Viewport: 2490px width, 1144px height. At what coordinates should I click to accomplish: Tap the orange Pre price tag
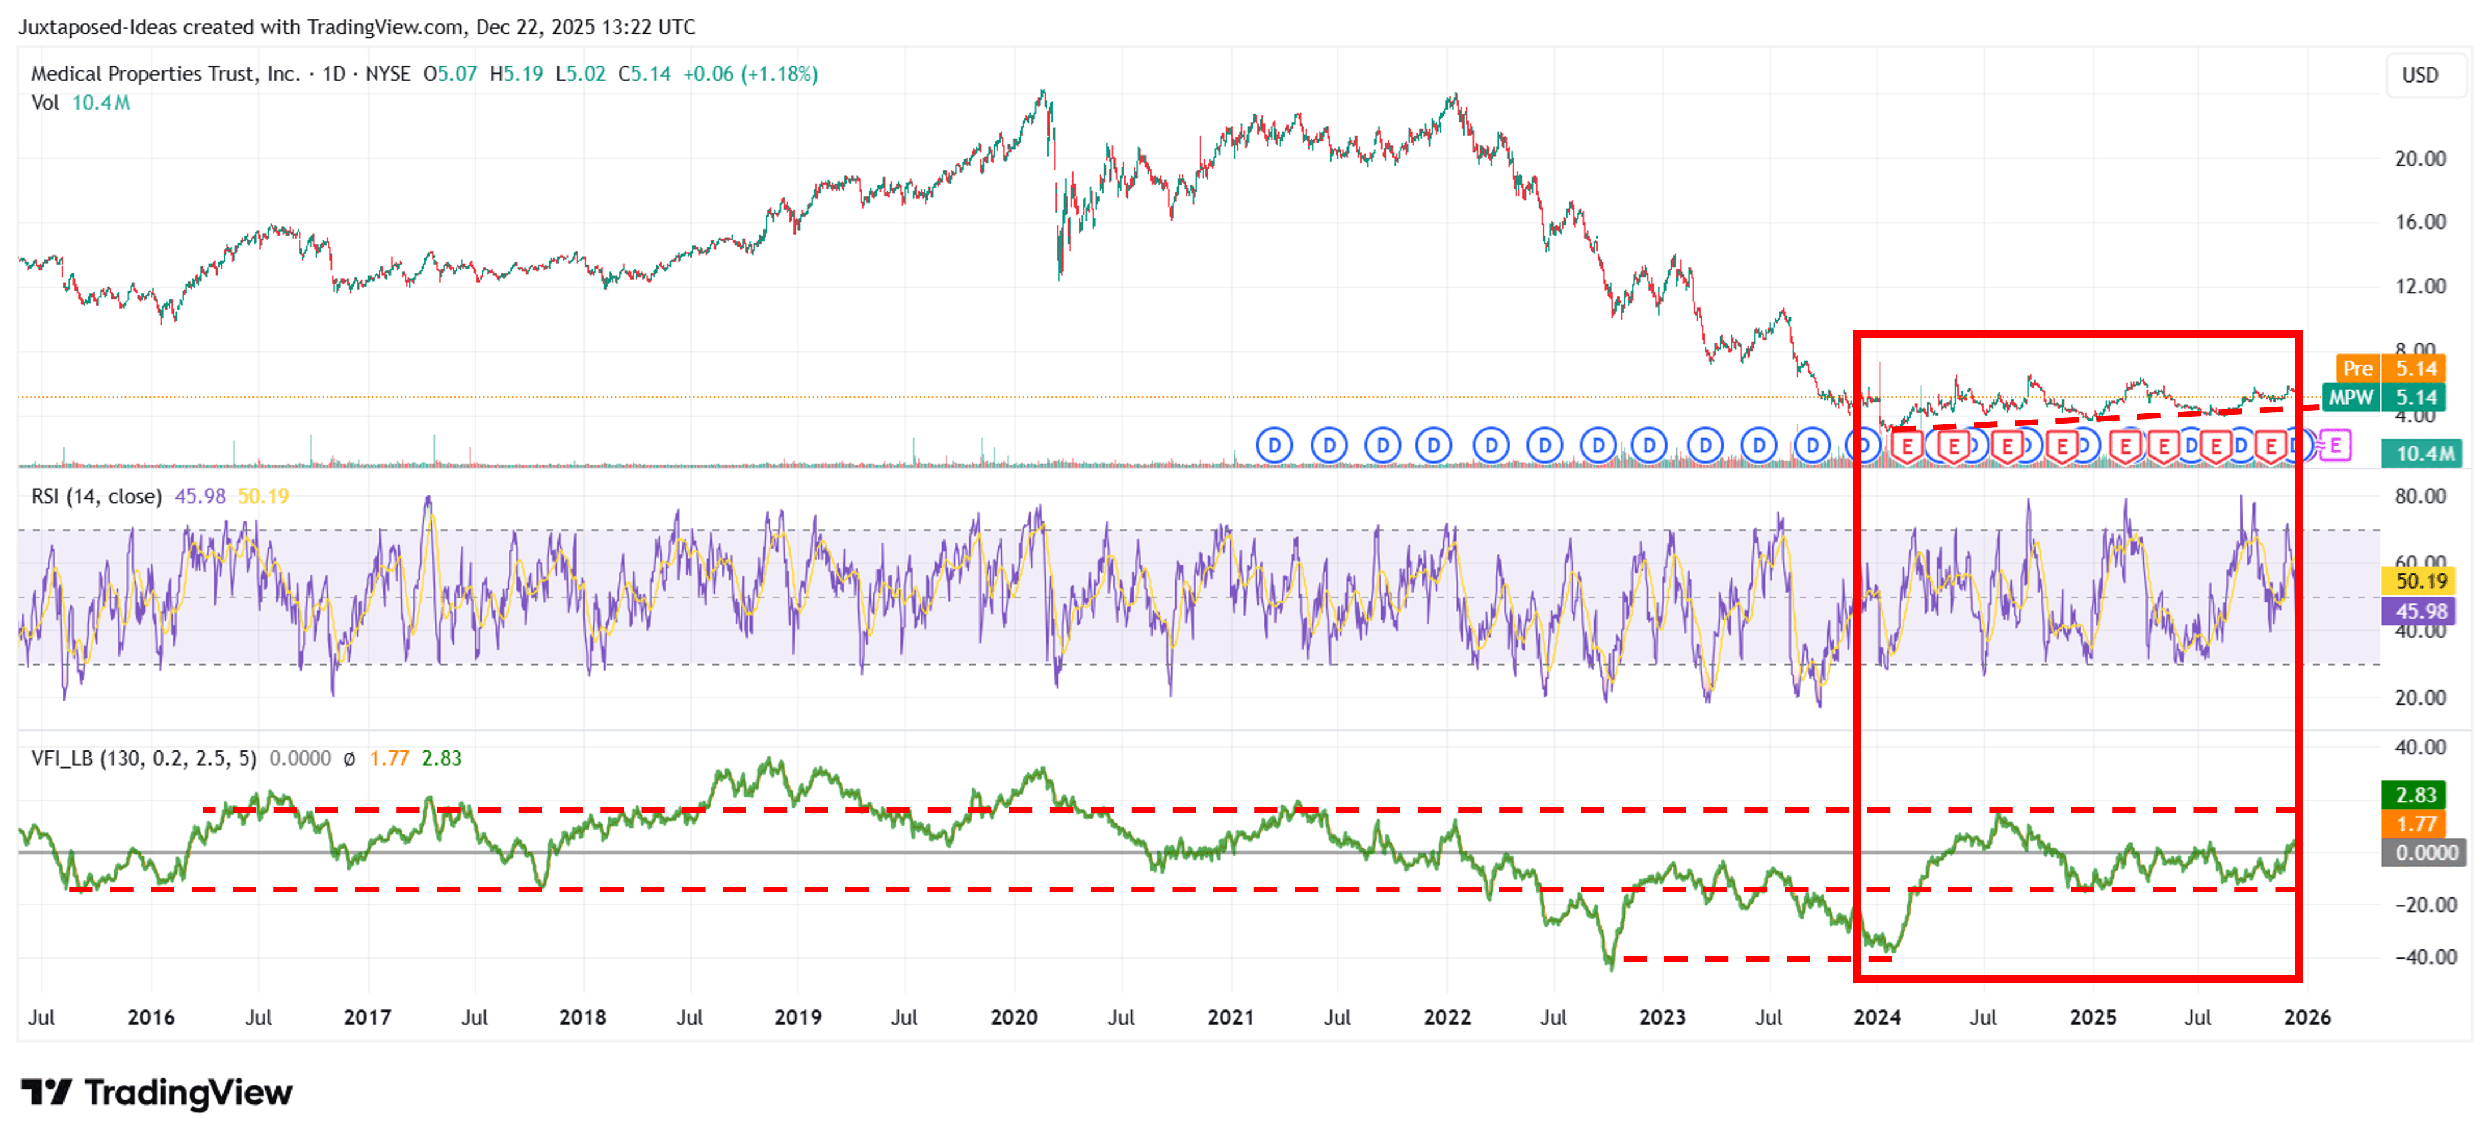click(x=2356, y=368)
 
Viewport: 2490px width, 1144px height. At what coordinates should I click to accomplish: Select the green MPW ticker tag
click(x=2350, y=397)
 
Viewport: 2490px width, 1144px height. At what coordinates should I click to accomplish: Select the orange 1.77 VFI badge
click(x=2415, y=823)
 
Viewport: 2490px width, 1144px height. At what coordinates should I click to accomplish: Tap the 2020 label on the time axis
click(x=1013, y=1017)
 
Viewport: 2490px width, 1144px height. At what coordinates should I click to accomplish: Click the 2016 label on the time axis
click(x=151, y=1017)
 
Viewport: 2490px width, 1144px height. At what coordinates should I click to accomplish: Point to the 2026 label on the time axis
click(x=2306, y=1017)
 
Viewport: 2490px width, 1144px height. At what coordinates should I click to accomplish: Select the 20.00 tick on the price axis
click(x=2419, y=158)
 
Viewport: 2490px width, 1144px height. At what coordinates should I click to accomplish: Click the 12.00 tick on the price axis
click(x=2419, y=286)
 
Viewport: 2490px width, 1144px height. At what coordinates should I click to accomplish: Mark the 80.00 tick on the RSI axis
click(x=2419, y=497)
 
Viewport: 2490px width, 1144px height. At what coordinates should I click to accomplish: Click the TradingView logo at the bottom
click(x=157, y=1093)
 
